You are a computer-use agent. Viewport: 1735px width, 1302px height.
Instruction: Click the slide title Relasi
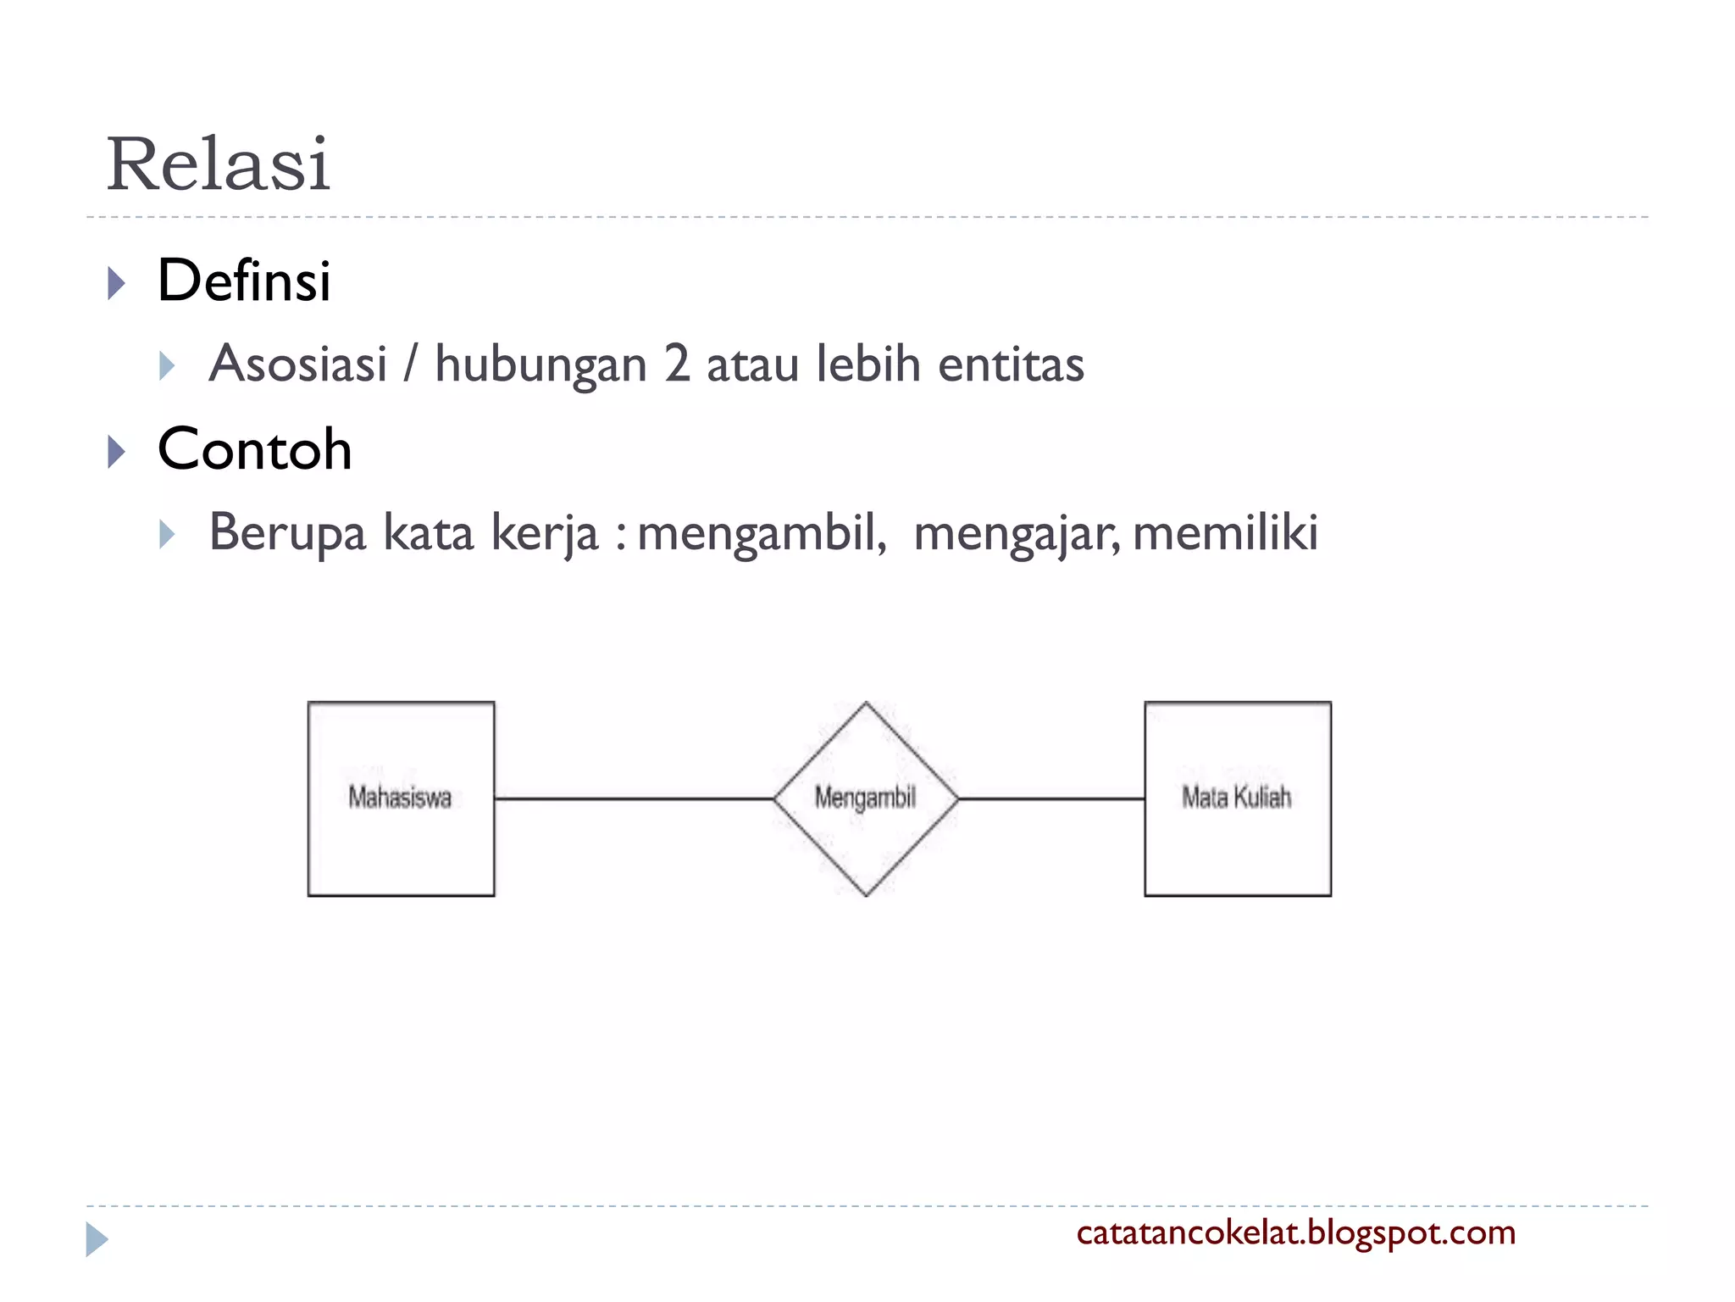(x=218, y=164)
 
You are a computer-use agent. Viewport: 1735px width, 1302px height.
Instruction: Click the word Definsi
(x=244, y=281)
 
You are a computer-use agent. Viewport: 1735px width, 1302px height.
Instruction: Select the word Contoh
(x=254, y=449)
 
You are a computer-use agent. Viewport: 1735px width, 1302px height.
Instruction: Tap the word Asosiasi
(x=298, y=364)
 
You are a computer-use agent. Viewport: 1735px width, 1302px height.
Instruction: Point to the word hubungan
(x=540, y=364)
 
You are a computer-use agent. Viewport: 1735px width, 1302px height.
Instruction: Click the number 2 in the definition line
(x=677, y=364)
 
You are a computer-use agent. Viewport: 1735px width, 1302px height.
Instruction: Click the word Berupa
(x=287, y=533)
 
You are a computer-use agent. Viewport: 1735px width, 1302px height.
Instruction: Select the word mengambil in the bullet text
(x=761, y=533)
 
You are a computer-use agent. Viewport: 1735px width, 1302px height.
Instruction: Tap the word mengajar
(x=1016, y=533)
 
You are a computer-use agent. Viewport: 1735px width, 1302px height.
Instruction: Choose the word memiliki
(x=1225, y=533)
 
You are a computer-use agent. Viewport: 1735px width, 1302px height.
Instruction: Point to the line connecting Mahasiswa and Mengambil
(x=634, y=798)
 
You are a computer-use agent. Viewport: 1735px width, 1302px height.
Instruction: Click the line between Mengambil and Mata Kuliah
(x=1051, y=798)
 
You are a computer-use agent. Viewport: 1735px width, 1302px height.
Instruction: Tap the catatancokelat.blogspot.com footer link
(x=1295, y=1232)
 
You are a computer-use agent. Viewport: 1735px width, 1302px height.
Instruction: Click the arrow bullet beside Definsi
(x=116, y=283)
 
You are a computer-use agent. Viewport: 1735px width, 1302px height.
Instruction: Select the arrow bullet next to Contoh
(x=116, y=452)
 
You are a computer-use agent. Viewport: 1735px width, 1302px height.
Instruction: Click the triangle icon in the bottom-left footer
(x=97, y=1239)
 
